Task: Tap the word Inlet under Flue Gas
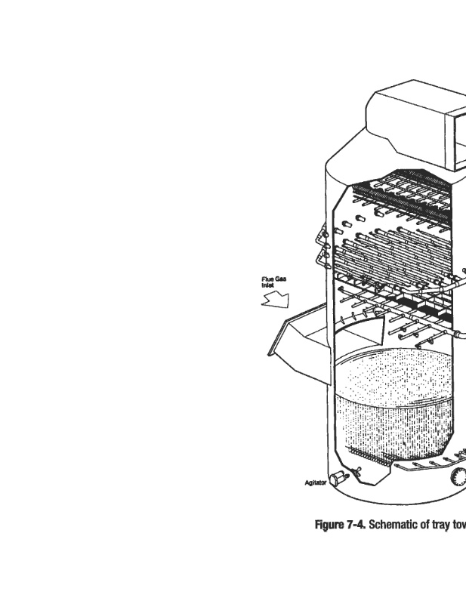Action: click(x=268, y=286)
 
